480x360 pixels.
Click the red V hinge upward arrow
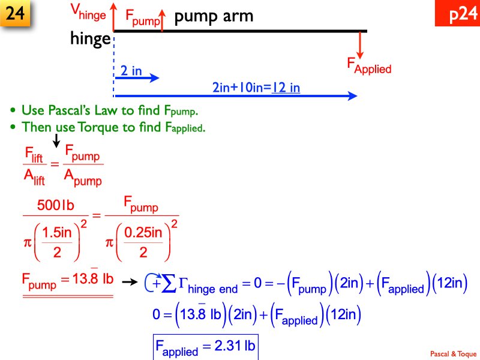(x=113, y=16)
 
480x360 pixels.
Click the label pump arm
(x=214, y=16)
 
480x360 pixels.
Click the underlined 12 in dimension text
(x=286, y=88)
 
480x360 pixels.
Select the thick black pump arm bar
(x=240, y=31)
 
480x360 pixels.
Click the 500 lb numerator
(x=55, y=206)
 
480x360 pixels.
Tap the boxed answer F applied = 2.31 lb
(x=205, y=347)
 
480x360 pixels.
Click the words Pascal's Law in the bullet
(x=82, y=111)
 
